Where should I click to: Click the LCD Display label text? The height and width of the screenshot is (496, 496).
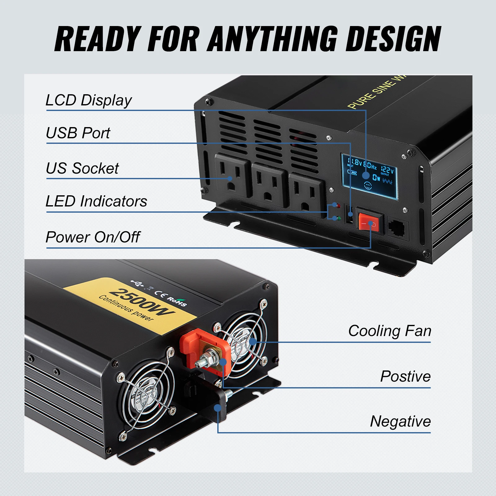click(89, 100)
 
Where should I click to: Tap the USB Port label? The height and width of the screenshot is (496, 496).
click(78, 133)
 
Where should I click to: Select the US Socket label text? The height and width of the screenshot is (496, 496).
click(82, 169)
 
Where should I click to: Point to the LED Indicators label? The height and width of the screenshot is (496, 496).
click(96, 201)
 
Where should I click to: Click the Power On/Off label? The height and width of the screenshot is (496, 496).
click(93, 237)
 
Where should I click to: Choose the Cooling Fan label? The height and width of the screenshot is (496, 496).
click(390, 331)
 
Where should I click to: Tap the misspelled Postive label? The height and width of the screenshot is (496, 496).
click(405, 377)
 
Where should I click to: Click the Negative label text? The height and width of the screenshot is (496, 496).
click(401, 422)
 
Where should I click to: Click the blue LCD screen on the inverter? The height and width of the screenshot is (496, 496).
click(369, 176)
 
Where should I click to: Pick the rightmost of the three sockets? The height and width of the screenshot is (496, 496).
click(306, 192)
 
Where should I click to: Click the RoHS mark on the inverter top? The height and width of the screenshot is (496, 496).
click(177, 301)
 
